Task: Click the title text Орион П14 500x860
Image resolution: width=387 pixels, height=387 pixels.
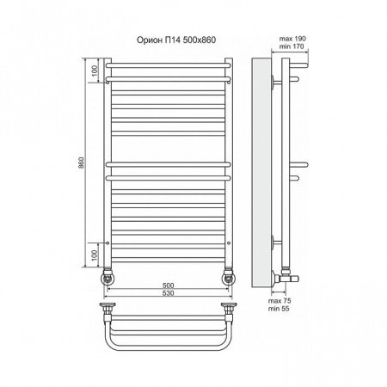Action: [x=176, y=40]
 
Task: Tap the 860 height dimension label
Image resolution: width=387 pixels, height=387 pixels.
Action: [x=82, y=163]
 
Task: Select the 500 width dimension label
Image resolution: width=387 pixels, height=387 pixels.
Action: [x=168, y=286]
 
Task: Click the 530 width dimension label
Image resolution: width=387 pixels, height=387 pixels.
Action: [x=168, y=293]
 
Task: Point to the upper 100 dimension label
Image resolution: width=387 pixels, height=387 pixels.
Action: [x=95, y=71]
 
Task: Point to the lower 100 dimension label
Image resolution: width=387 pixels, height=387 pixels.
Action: [x=95, y=255]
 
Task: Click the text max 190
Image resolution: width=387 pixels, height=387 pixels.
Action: [x=292, y=39]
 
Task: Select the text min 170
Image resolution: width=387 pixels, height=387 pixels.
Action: [x=292, y=46]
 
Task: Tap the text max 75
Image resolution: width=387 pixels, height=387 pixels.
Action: [x=279, y=301]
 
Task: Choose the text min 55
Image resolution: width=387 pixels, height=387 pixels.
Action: [x=279, y=309]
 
